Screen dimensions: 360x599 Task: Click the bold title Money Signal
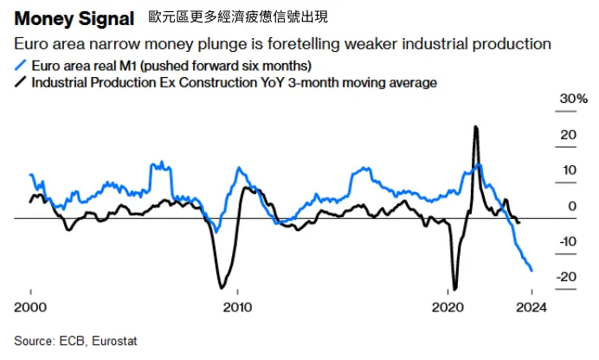coord(74,18)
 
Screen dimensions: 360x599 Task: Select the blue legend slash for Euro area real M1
coord(21,66)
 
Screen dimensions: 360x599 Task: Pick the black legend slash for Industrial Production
coord(21,83)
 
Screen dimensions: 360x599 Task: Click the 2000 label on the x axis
coord(31,307)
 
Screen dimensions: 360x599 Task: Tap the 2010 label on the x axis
coord(237,307)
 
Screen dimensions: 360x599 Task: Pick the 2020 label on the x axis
coord(449,307)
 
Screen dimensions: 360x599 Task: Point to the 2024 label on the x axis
coord(531,307)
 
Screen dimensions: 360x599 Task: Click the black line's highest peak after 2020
coord(476,127)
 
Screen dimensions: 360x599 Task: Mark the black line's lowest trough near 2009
coord(222,287)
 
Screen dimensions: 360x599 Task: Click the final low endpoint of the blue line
coord(531,271)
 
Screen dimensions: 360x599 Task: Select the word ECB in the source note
coord(74,342)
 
